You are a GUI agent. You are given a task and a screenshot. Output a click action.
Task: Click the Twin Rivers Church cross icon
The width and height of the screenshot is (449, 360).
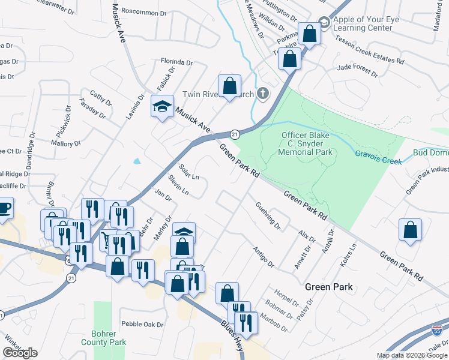(x=262, y=94)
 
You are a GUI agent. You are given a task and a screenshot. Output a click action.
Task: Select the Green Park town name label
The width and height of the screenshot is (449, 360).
(x=328, y=287)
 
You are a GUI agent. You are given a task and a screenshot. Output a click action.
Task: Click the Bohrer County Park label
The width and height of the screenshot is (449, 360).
(x=108, y=338)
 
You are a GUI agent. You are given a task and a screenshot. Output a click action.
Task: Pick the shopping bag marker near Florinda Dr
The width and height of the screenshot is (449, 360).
(x=229, y=85)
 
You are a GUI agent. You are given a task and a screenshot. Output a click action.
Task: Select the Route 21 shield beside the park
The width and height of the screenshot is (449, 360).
(x=235, y=134)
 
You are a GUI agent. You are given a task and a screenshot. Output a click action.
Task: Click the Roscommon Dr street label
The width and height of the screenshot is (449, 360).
(x=143, y=12)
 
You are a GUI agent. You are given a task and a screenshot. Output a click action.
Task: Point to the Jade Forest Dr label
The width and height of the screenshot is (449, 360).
(x=357, y=70)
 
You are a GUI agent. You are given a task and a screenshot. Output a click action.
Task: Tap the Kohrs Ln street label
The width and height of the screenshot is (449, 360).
(x=348, y=254)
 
